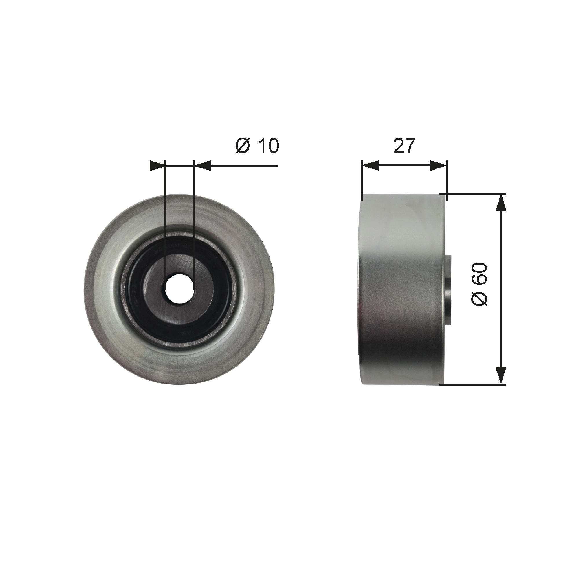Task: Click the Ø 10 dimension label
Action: pyautogui.click(x=257, y=146)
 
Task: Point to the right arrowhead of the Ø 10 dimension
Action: pyautogui.click(x=203, y=165)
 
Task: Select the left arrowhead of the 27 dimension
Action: pyautogui.click(x=371, y=165)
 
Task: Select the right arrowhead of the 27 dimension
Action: pyautogui.click(x=438, y=165)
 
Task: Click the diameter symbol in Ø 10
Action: pyautogui.click(x=242, y=146)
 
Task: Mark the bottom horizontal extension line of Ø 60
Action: pyautogui.click(x=474, y=384)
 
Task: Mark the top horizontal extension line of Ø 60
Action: pyautogui.click(x=474, y=194)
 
